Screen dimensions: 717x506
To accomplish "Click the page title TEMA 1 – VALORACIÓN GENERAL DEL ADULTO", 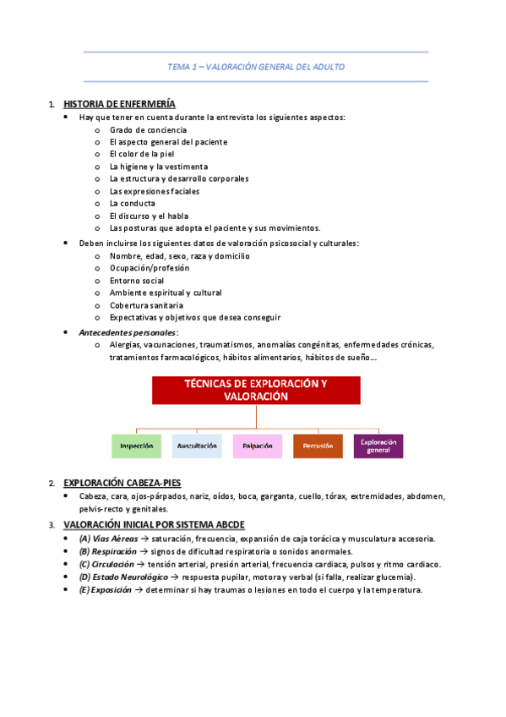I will pyautogui.click(x=255, y=67).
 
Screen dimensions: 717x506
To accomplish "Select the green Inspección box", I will pyautogui.click(x=136, y=446).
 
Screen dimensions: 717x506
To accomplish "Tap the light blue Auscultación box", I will pyautogui.click(x=197, y=446).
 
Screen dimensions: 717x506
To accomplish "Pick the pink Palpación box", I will pyautogui.click(x=257, y=446).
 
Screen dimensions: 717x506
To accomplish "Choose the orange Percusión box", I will pyautogui.click(x=317, y=446).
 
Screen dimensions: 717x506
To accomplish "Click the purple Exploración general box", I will pyautogui.click(x=378, y=446).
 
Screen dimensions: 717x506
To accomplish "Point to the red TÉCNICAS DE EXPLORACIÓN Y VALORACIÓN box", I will pyautogui.click(x=256, y=390).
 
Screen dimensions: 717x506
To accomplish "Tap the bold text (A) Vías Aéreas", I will pyautogui.click(x=111, y=539).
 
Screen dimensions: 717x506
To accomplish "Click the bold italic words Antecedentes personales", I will pyautogui.click(x=128, y=333).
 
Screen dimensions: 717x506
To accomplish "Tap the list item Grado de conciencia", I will pyautogui.click(x=148, y=129).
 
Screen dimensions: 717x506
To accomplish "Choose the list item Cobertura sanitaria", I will pyautogui.click(x=146, y=305).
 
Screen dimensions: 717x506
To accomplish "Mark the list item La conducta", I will pyautogui.click(x=133, y=204).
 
